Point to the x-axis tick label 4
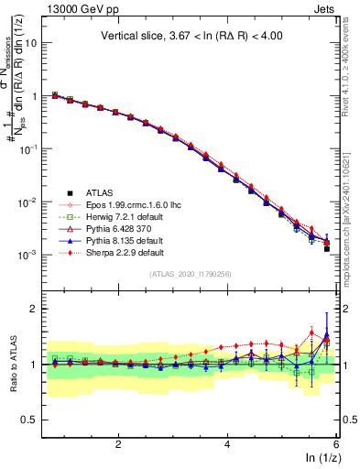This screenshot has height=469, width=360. tap(227, 444)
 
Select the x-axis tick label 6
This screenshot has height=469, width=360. tap(336, 444)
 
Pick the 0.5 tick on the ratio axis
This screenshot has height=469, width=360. tap(31, 420)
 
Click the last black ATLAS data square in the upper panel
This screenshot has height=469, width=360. tap(327, 248)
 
